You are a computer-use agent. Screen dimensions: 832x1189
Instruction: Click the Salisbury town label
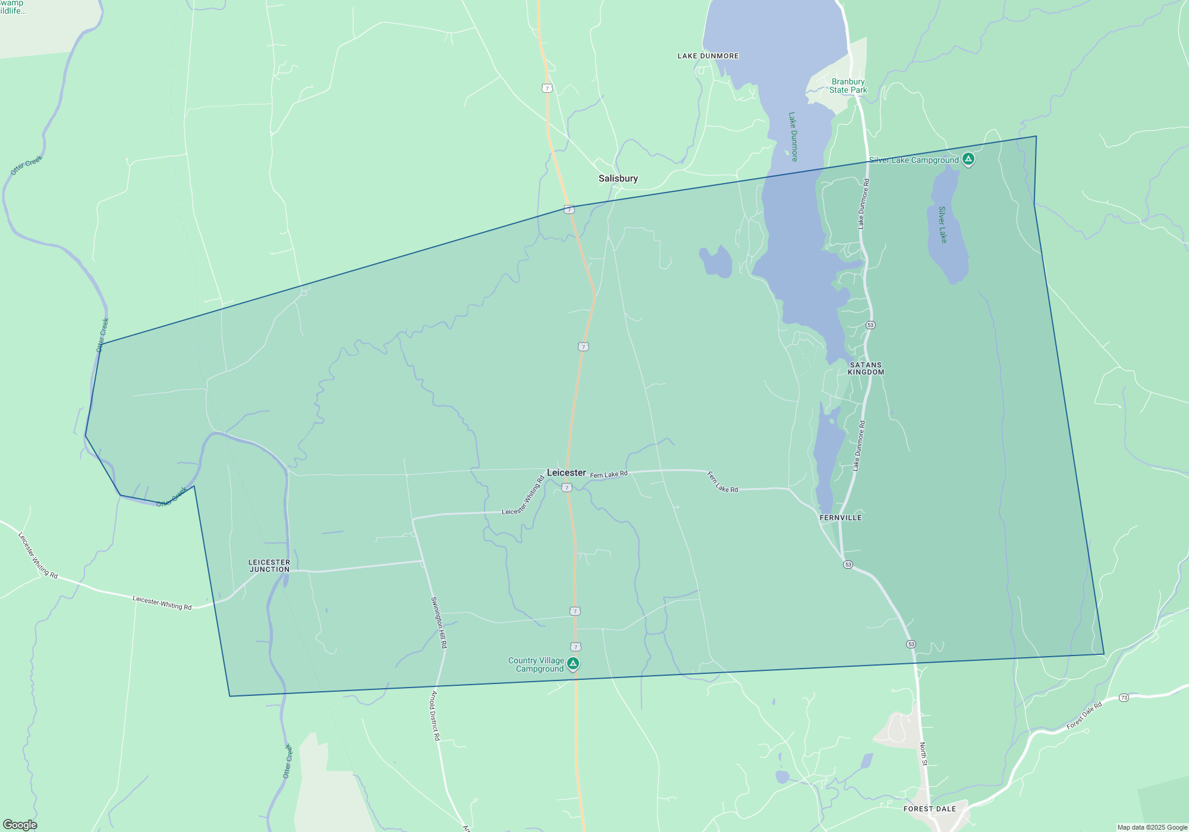(618, 178)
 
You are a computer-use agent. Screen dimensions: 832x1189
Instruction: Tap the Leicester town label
(566, 472)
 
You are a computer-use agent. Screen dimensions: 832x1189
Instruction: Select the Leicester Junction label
(269, 566)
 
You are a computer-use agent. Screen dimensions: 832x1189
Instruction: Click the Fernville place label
(840, 518)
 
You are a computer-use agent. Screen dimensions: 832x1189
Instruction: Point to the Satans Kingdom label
(866, 368)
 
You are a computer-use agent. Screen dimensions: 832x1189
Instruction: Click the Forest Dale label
(929, 809)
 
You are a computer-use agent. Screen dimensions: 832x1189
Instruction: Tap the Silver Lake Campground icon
(968, 159)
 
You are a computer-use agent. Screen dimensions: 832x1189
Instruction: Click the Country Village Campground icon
(573, 664)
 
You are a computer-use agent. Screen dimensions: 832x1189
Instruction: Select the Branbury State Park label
(848, 86)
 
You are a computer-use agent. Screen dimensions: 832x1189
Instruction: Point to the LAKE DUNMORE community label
(708, 56)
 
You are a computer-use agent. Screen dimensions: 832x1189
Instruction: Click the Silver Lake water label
(942, 225)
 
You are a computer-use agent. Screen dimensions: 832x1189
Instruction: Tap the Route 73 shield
(1124, 698)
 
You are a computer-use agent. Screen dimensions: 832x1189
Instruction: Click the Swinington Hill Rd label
(439, 622)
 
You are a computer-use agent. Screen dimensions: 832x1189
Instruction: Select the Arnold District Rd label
(435, 716)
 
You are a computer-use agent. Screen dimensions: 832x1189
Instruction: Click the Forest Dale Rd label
(1084, 716)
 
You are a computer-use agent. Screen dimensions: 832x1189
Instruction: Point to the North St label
(923, 754)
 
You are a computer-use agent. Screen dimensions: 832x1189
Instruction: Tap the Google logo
(20, 824)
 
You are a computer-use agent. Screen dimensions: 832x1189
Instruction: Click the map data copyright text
(1152, 827)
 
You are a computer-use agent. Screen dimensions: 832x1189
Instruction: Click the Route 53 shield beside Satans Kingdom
(870, 325)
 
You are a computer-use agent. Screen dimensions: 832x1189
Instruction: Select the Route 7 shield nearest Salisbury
(569, 210)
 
